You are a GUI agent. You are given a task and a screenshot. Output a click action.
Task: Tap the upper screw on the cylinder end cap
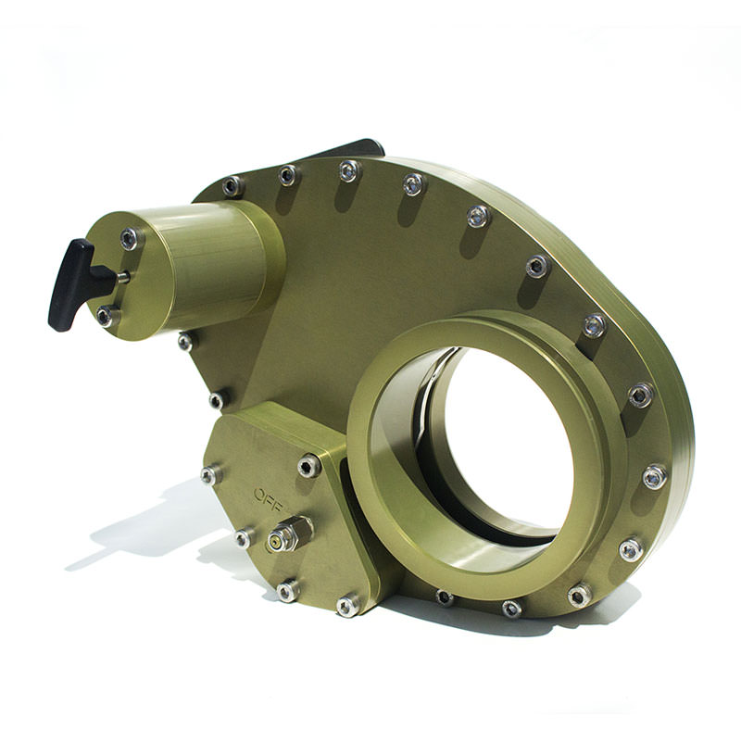coord(130,239)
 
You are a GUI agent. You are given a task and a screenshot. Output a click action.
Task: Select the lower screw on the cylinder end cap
coord(106,317)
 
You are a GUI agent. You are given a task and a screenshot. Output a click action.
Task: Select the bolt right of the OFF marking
coord(308,466)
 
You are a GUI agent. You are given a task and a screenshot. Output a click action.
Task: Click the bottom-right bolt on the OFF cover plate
coord(348,606)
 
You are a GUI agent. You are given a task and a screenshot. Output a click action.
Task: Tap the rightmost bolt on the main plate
coord(655,476)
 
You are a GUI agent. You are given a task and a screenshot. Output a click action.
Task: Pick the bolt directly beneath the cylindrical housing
coord(186,342)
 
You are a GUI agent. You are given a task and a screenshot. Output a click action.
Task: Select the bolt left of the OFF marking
coord(210,475)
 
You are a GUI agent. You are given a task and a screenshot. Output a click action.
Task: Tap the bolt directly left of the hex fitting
coord(245,538)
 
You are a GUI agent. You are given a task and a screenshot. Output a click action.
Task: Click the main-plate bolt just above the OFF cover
coord(216,400)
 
